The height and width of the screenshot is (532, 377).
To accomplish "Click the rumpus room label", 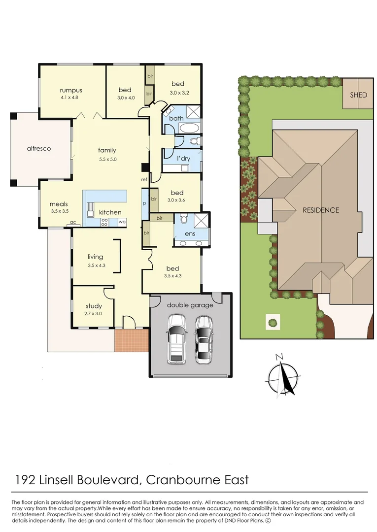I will coord(71,90).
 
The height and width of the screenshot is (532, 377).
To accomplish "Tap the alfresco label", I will coord(39,148).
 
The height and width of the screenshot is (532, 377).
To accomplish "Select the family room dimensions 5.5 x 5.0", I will coord(107,159).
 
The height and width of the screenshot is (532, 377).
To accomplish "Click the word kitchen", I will coord(110,212).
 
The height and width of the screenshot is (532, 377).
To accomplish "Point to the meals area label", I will coord(59,204).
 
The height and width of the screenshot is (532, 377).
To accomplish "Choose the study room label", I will coord(94,306).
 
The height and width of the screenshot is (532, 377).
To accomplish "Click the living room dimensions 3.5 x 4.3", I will coord(96,265).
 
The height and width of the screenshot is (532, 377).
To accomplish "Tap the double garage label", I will coord(190,305).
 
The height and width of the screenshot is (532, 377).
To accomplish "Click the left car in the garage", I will coord(176,338).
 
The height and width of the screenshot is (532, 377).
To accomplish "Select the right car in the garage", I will coord(204,339).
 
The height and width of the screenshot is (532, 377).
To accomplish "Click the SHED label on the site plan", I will coord(358,95).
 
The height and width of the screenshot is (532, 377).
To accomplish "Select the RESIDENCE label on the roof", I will coord(321,210).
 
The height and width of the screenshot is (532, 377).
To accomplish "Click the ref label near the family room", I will coord(144,180).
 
